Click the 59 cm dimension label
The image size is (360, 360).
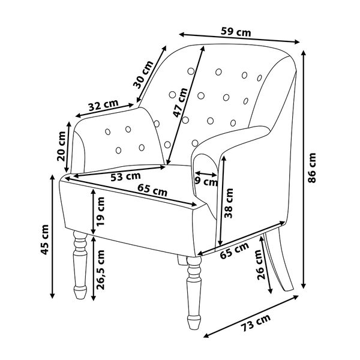236,32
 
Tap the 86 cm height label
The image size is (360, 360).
312,168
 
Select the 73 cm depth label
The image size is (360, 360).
256,323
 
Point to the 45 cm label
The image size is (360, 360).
44,239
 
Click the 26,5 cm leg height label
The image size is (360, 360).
100,270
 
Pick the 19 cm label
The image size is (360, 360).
100,212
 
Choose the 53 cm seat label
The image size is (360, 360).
125,176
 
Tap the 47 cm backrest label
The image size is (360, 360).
180,103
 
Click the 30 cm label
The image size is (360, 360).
143,74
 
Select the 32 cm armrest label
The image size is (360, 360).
104,105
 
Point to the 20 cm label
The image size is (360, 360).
61,146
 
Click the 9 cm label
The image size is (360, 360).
206,182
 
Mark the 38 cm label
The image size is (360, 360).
229,203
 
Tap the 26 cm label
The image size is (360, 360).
261,265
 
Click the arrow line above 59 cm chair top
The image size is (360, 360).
239,38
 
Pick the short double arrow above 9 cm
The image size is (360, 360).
206,174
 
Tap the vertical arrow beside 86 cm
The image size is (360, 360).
304,169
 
